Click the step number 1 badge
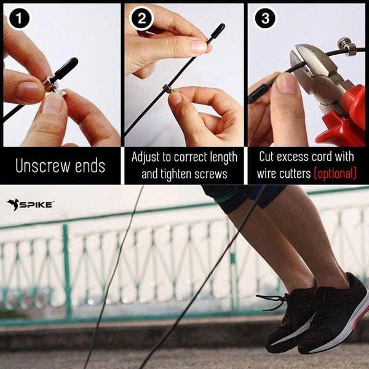19,18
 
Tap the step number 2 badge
141,18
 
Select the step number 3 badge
265,18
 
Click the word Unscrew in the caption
43,166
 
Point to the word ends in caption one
90,165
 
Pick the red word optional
335,173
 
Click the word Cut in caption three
266,157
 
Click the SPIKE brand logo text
35,205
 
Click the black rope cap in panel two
216,33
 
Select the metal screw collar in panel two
167,88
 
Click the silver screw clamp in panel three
345,47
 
